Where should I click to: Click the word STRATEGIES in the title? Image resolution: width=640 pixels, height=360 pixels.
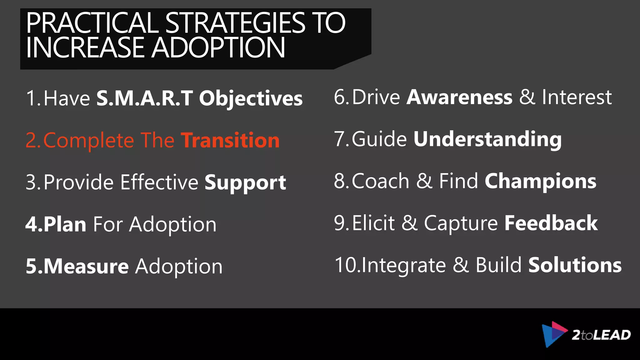pyautogui.click(x=235, y=23)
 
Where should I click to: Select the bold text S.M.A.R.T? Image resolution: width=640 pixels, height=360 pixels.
pyautogui.click(x=144, y=98)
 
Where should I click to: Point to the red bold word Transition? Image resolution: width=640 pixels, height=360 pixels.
pyautogui.click(x=230, y=140)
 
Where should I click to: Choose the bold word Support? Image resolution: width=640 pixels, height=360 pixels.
pyautogui.click(x=245, y=182)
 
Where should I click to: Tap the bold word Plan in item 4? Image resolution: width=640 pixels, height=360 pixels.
pyautogui.click(x=65, y=224)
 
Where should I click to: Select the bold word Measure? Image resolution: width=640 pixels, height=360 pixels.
pyautogui.click(x=86, y=266)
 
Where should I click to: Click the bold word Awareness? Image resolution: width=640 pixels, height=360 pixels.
pyautogui.click(x=459, y=97)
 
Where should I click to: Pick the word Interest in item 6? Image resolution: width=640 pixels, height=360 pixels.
pyautogui.click(x=577, y=97)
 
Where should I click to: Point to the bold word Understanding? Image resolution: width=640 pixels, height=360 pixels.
pyautogui.click(x=487, y=139)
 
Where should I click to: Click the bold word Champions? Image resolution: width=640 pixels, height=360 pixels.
pyautogui.click(x=540, y=181)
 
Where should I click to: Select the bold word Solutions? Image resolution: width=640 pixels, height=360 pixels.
pyautogui.click(x=575, y=265)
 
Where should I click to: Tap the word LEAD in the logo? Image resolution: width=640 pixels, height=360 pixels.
pyautogui.click(x=612, y=335)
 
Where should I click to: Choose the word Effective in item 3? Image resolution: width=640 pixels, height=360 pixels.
pyautogui.click(x=159, y=182)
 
